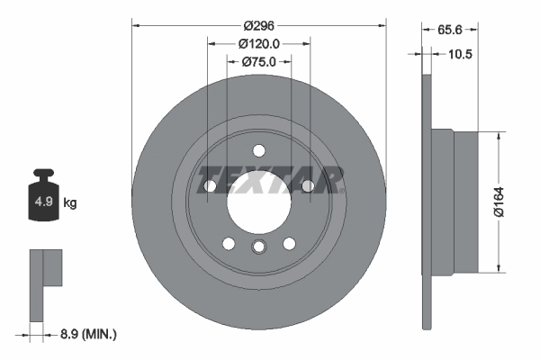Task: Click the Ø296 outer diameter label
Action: tap(259, 26)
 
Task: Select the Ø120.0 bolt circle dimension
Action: tap(259, 44)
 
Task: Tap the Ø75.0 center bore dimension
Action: tap(259, 62)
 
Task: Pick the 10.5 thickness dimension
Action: tap(458, 54)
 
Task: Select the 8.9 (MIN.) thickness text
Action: tap(83, 334)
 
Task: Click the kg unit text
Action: tap(69, 203)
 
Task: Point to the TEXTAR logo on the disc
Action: tap(271, 179)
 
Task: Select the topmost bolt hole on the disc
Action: tap(258, 150)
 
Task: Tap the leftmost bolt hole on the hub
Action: tap(211, 185)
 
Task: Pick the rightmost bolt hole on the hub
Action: tap(307, 185)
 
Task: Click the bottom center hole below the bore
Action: tap(258, 248)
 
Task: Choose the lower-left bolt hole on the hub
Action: tap(229, 243)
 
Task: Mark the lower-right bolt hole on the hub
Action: tap(289, 243)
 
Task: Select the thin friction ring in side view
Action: tap(426, 201)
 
